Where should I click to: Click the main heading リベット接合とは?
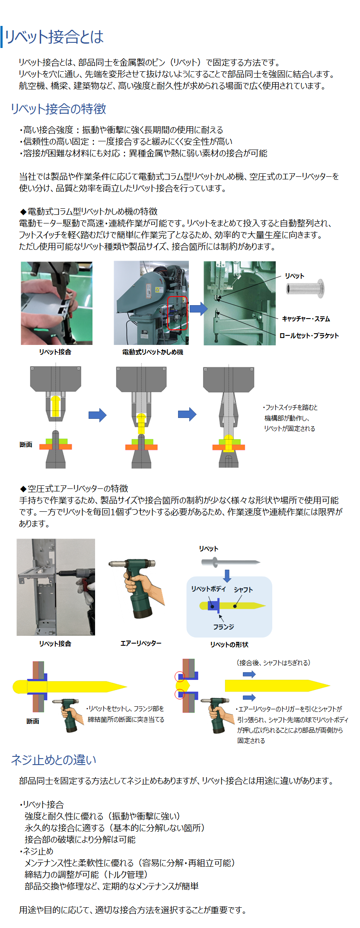(x=54, y=37)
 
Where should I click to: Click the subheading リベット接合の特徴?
(x=58, y=109)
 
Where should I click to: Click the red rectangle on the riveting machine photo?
(x=177, y=313)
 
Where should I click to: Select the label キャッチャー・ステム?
(x=306, y=319)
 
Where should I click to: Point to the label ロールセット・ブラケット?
(x=309, y=335)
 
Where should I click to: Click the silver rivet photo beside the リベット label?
(x=306, y=288)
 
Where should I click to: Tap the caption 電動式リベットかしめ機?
(x=153, y=352)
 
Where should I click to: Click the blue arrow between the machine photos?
(x=198, y=309)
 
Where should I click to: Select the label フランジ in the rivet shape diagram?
(x=223, y=627)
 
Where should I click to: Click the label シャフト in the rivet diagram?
(x=243, y=590)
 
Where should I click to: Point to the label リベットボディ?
(x=208, y=589)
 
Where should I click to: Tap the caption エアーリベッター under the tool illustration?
(x=141, y=643)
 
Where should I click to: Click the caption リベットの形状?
(x=229, y=644)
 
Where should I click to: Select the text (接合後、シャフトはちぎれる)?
(x=274, y=663)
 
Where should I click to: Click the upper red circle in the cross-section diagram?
(x=179, y=676)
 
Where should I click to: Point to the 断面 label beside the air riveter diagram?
(x=33, y=721)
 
